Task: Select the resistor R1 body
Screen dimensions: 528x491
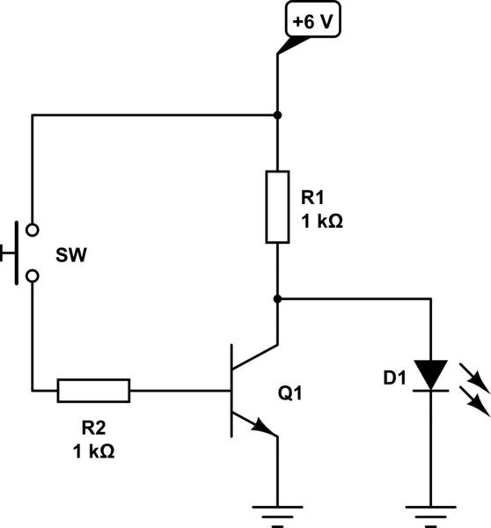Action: tap(277, 207)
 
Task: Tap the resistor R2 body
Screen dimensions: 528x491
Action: tap(94, 390)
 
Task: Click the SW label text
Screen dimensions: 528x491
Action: tap(72, 254)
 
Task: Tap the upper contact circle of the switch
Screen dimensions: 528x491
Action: tap(33, 231)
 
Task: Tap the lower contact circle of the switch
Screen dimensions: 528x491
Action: tap(33, 276)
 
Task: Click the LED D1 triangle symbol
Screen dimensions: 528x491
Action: tap(431, 373)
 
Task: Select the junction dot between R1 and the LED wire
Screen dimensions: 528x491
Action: tap(277, 298)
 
